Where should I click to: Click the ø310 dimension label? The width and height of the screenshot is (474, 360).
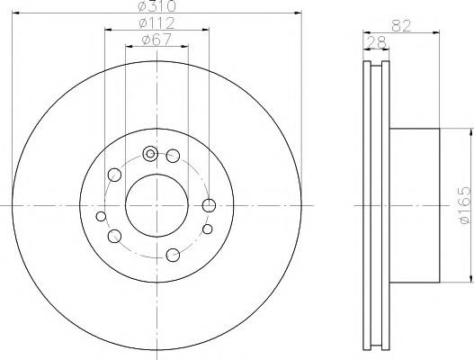(x=157, y=6)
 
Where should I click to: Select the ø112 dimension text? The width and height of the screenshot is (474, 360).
(x=157, y=23)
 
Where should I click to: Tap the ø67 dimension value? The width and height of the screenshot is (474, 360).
(x=157, y=40)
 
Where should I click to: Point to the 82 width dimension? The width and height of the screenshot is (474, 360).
(x=401, y=26)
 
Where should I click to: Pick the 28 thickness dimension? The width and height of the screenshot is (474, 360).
(x=376, y=42)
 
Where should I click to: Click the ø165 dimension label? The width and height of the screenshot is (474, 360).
(x=465, y=205)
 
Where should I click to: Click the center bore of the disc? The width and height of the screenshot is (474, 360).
(x=157, y=206)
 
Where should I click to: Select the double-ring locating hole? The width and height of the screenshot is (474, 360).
(x=150, y=154)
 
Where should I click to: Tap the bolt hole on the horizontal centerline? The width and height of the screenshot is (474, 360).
(x=209, y=206)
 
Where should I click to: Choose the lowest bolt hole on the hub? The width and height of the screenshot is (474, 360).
(x=173, y=255)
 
